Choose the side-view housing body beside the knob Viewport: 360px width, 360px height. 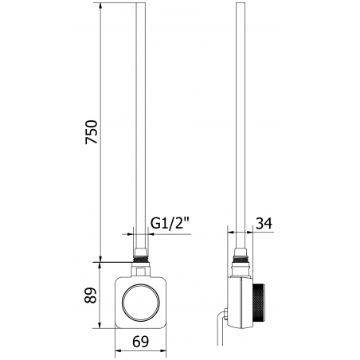[240, 299]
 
